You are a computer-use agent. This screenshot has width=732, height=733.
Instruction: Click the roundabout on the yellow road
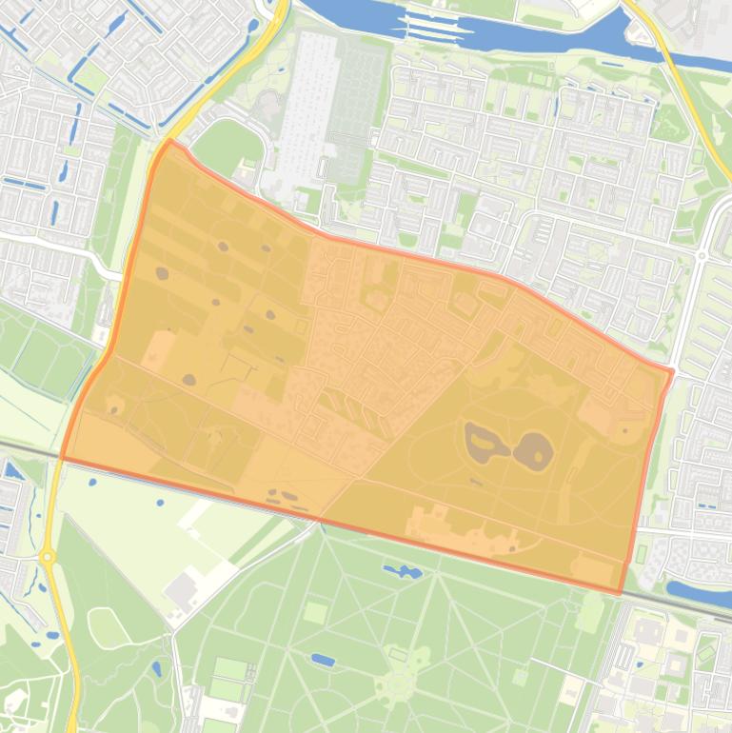click(x=48, y=556)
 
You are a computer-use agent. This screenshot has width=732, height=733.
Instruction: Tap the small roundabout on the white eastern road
click(x=702, y=255)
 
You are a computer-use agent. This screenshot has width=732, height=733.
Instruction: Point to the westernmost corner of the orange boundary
click(x=63, y=458)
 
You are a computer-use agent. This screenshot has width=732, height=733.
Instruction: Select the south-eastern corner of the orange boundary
click(x=620, y=593)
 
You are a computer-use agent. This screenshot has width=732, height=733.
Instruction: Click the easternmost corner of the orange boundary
click(x=672, y=370)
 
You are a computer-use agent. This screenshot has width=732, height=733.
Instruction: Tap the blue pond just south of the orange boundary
click(x=403, y=572)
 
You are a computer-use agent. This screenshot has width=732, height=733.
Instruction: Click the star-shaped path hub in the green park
click(x=396, y=684)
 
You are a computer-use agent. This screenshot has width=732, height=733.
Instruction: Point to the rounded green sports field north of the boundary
click(x=222, y=148)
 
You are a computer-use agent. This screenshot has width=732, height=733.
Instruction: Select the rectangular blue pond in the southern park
click(x=323, y=660)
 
